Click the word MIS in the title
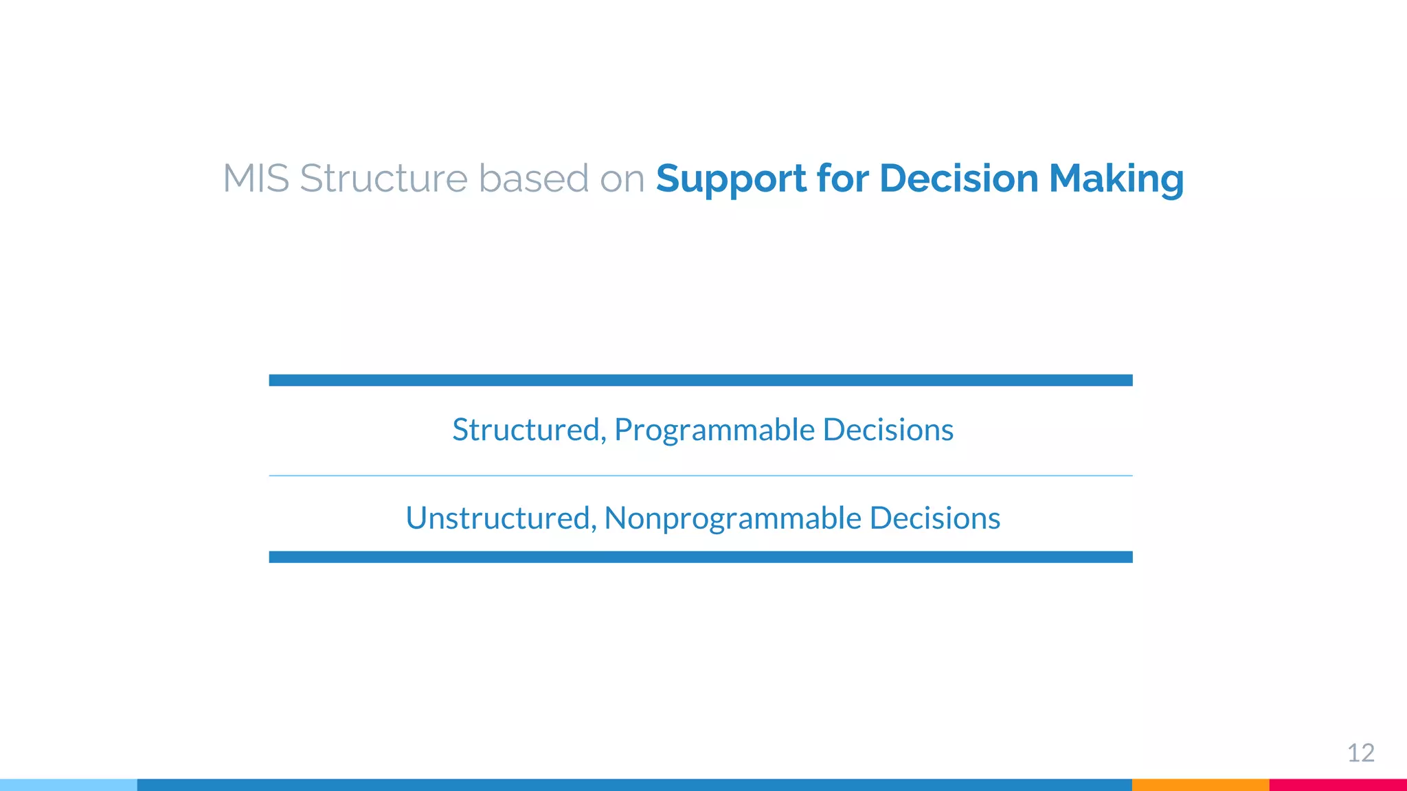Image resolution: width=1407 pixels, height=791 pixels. (256, 179)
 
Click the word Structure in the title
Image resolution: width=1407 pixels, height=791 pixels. (383, 179)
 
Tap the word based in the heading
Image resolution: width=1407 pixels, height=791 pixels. (533, 179)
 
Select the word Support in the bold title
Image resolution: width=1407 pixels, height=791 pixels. (731, 179)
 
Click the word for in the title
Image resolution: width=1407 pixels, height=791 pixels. (842, 179)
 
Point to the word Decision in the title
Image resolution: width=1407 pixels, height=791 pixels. (958, 179)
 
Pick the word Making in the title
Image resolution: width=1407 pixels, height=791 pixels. (1116, 179)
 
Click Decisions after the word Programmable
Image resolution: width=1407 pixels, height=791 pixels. (888, 430)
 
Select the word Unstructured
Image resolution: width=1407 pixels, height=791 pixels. (500, 518)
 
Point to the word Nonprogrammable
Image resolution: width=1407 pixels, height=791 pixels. (732, 518)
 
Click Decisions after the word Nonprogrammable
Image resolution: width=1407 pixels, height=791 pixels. (934, 518)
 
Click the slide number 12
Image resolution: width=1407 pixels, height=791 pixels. (1360, 753)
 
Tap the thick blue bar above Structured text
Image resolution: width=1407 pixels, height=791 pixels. (701, 380)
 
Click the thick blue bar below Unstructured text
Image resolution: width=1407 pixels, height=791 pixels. (701, 557)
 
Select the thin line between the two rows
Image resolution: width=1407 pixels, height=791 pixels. (701, 475)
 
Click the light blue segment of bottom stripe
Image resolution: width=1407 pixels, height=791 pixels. (69, 785)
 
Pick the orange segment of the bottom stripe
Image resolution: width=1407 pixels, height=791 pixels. (1200, 785)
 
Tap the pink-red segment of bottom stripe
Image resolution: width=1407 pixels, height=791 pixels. (1338, 785)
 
